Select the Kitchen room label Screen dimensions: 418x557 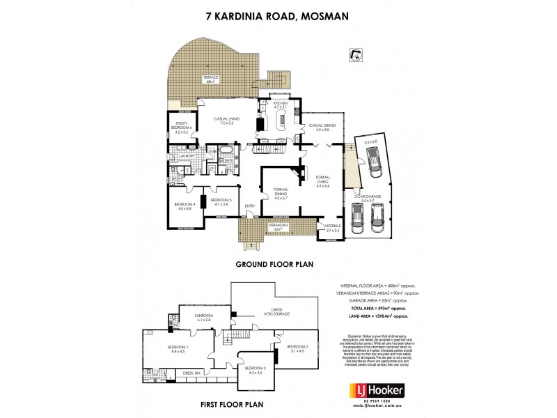coord(280,105)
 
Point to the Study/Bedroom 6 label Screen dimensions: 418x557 coord(180,128)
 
